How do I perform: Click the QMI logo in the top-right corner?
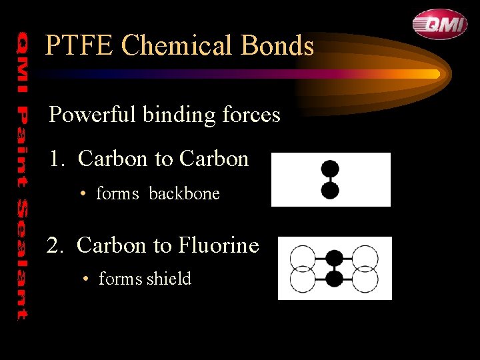point(439,24)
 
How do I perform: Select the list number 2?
point(55,246)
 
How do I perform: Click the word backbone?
point(184,194)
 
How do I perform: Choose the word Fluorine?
point(218,246)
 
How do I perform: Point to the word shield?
point(169,279)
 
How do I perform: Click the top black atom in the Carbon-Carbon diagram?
point(330,169)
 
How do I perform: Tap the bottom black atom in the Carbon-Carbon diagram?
point(330,191)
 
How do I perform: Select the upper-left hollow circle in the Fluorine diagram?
point(303,257)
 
